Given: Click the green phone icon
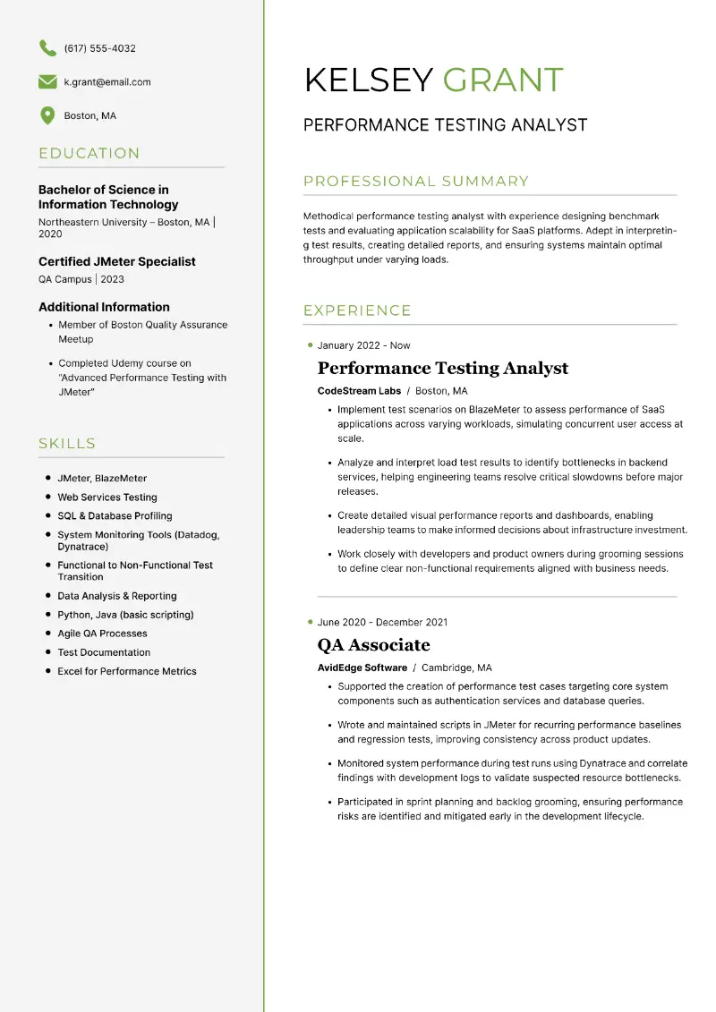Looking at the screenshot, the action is click(x=47, y=48).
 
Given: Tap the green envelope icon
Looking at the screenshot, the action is click(x=47, y=82).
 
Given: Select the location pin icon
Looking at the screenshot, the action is click(x=47, y=115).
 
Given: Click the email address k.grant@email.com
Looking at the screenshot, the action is click(x=107, y=82).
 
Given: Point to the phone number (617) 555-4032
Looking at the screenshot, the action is click(x=100, y=48).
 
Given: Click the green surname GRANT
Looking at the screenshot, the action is click(x=503, y=80).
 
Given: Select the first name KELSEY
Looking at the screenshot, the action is click(x=369, y=80).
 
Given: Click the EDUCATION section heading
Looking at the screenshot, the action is click(x=89, y=153).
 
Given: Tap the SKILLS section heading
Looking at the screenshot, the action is click(x=67, y=443).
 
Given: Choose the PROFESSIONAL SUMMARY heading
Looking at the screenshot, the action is click(x=416, y=182).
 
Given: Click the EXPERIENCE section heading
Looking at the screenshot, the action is click(x=357, y=310).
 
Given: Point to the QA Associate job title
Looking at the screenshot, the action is click(x=373, y=645).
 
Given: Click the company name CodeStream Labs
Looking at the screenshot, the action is click(x=359, y=391).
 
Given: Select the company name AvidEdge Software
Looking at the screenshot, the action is click(x=362, y=668).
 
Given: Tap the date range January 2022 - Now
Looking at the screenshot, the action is click(x=363, y=345).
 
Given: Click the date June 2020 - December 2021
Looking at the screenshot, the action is click(x=382, y=622).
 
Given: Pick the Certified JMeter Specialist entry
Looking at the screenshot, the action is click(x=117, y=261).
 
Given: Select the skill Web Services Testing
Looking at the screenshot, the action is click(x=107, y=497).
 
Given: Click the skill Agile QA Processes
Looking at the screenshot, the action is click(x=102, y=634).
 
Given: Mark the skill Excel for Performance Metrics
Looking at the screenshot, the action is click(x=127, y=671).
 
